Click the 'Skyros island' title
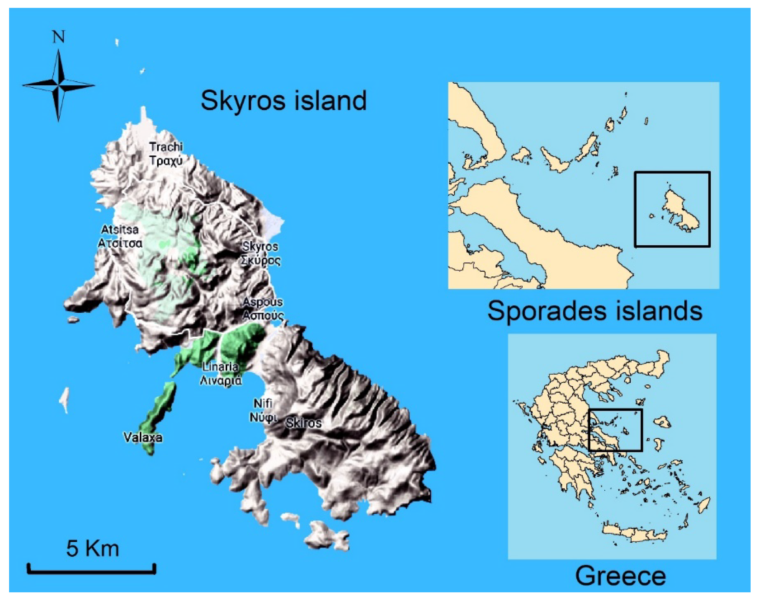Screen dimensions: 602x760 283,101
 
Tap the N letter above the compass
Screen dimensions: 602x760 59,37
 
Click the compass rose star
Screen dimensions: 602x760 59,85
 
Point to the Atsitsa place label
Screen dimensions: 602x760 120,230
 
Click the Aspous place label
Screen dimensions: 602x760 263,302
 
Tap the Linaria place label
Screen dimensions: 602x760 220,367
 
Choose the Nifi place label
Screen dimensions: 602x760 263,403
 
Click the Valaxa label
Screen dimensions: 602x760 143,437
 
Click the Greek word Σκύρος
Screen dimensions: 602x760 261,261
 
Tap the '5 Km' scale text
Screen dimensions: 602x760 93,548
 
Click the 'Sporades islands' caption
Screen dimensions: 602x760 595,311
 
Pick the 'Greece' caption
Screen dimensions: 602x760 620,576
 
